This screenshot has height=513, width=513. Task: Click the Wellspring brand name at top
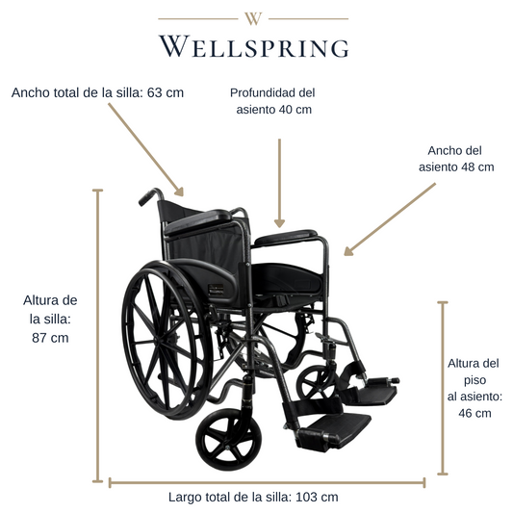(x=254, y=46)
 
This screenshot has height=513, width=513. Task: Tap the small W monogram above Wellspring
(x=253, y=18)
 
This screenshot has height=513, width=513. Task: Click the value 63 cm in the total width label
(x=166, y=92)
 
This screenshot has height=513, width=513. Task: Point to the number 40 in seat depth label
(x=285, y=110)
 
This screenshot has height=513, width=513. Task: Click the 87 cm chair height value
(x=50, y=338)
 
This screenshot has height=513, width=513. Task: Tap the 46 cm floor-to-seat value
(x=475, y=413)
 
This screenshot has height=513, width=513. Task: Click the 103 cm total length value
(x=317, y=497)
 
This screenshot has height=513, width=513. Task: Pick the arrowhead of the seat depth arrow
(x=279, y=223)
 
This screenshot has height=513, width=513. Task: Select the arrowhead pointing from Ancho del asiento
(x=348, y=251)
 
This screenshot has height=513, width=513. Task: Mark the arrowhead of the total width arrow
(x=179, y=192)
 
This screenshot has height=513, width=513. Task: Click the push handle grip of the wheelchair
(x=147, y=197)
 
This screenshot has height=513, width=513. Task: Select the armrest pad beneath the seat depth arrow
(x=286, y=237)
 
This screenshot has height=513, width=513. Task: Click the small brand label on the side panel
(x=216, y=290)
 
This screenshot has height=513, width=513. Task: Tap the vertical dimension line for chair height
(x=97, y=336)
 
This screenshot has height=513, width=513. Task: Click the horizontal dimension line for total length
(x=267, y=482)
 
